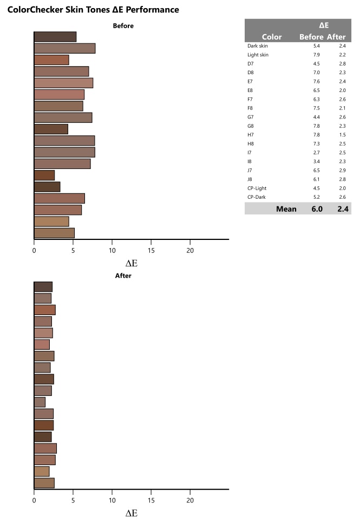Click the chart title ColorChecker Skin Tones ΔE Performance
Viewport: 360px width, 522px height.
pos(93,10)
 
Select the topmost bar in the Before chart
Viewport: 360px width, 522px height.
pos(55,37)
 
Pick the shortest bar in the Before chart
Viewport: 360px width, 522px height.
pos(44,175)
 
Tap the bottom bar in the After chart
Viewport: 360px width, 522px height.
pos(44,483)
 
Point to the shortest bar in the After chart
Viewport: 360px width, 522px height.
pos(40,402)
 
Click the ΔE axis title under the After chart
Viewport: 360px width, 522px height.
pos(132,513)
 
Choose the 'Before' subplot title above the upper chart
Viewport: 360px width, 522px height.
pos(123,25)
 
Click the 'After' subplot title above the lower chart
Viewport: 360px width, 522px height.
pos(123,276)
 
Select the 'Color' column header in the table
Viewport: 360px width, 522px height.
pos(272,37)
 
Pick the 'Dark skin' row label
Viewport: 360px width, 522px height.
pos(257,46)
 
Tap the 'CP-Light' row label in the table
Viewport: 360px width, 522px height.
pos(257,188)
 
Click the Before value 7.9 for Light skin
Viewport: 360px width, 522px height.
pos(310,55)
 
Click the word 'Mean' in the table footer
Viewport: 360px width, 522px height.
pos(286,208)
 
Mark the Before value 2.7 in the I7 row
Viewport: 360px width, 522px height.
pos(310,153)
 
